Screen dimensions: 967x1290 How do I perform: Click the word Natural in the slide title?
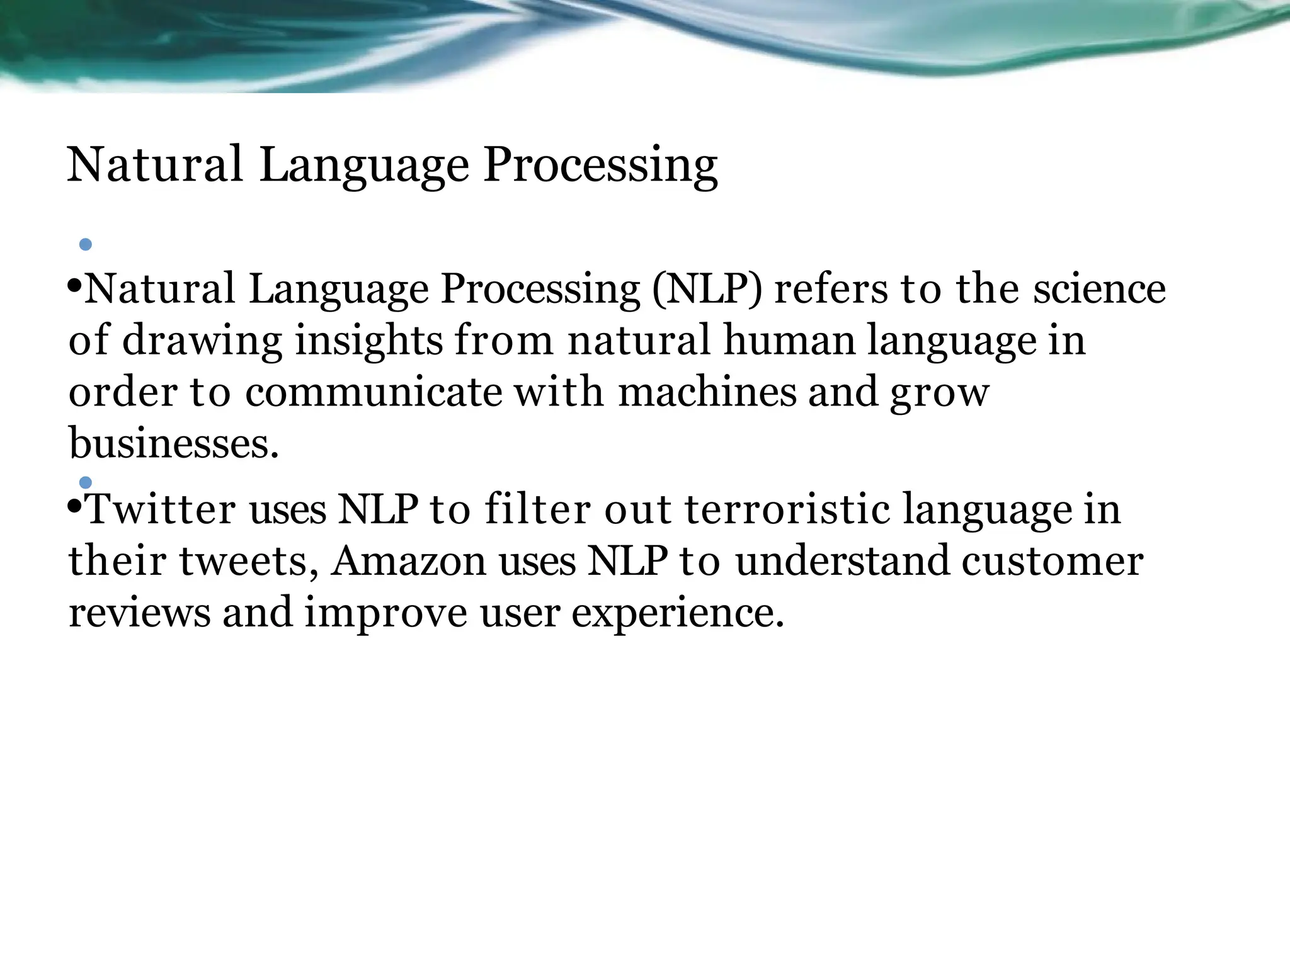coord(154,165)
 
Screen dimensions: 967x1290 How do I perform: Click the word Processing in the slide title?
coord(600,165)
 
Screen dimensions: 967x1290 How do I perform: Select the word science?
coord(1099,289)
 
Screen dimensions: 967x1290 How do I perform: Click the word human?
coord(789,341)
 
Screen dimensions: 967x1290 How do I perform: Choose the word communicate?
coord(374,392)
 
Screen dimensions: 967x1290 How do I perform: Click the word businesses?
coord(173,443)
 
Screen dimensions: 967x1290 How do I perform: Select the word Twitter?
coord(161,509)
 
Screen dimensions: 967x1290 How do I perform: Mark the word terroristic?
coord(787,509)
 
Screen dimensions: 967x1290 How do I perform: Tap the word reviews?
coord(139,613)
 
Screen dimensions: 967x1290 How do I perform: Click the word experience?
coord(678,613)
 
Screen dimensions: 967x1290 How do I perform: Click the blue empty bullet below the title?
coord(86,244)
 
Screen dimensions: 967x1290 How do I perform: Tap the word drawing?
coord(202,341)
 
